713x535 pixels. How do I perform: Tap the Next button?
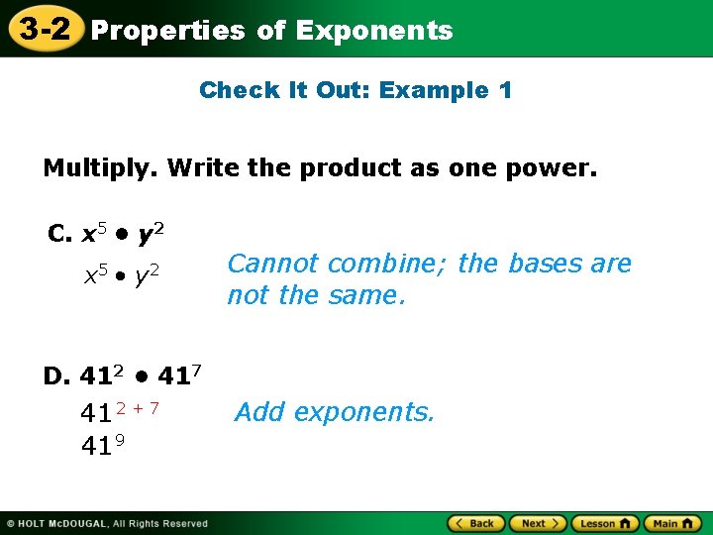pyautogui.click(x=538, y=523)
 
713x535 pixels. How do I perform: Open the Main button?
pyautogui.click(x=671, y=523)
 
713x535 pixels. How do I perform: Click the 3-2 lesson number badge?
pyautogui.click(x=41, y=29)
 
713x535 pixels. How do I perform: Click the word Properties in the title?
pyautogui.click(x=167, y=31)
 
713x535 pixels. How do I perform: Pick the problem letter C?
pyautogui.click(x=58, y=234)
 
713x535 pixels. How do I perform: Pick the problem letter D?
pyautogui.click(x=55, y=375)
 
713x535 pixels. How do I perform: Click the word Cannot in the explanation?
pyautogui.click(x=272, y=264)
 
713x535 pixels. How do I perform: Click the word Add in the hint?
pyautogui.click(x=259, y=412)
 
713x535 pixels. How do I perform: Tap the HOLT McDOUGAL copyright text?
pyautogui.click(x=108, y=523)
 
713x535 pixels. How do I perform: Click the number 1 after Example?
pyautogui.click(x=505, y=90)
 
